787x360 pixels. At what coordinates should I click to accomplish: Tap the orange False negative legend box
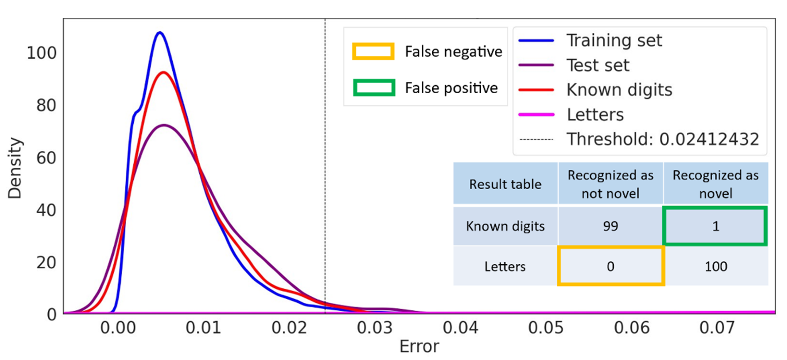(373, 51)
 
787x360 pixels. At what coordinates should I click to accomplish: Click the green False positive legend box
(374, 88)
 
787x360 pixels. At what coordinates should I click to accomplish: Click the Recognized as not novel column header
(610, 184)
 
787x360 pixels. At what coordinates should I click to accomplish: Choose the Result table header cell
(505, 184)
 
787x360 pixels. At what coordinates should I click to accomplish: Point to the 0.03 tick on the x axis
(375, 328)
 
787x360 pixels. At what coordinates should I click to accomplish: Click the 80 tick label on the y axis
(46, 106)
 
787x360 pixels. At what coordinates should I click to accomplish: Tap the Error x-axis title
(419, 347)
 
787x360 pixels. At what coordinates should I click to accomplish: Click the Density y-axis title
(15, 168)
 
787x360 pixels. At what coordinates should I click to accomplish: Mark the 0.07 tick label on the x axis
(717, 328)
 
